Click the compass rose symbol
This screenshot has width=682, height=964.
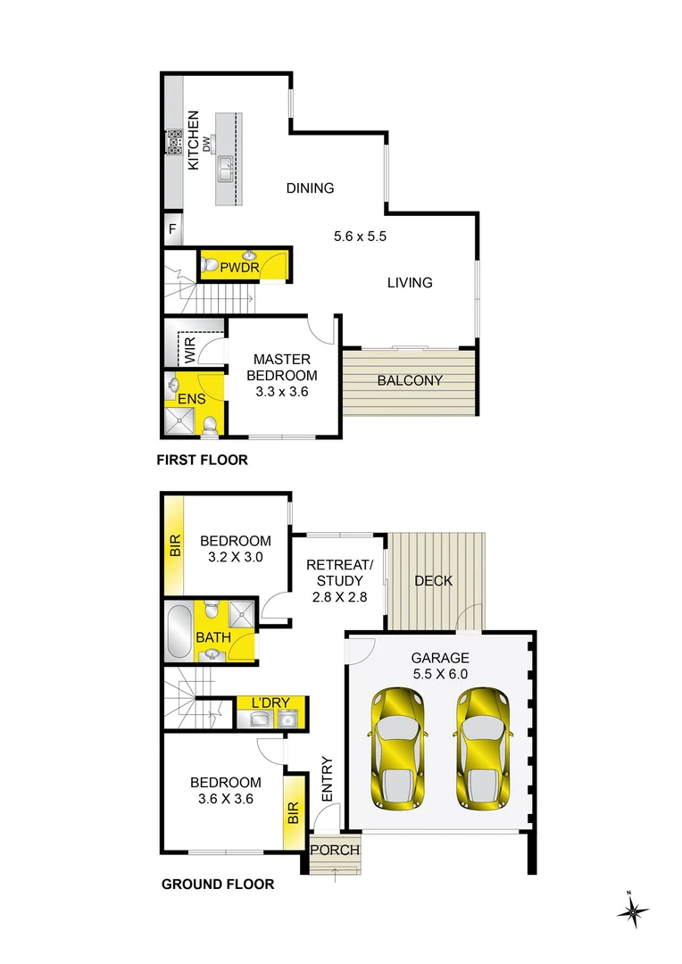click(632, 910)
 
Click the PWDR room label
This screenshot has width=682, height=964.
click(239, 268)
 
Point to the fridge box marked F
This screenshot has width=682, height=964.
click(173, 229)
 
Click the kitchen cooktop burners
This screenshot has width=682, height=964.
click(175, 142)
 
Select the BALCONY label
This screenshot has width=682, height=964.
click(410, 380)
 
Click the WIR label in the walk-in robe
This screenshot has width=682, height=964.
click(190, 349)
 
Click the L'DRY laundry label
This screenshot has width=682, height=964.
click(270, 702)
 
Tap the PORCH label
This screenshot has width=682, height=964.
click(335, 851)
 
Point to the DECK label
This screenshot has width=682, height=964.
click(434, 581)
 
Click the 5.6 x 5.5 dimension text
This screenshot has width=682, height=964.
click(361, 236)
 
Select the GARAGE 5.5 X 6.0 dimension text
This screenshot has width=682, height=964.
click(440, 674)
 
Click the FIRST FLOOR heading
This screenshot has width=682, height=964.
click(203, 460)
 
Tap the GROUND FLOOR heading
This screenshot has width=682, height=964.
click(218, 884)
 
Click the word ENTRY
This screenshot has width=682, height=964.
click(327, 779)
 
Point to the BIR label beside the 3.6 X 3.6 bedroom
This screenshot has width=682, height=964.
click(294, 813)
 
